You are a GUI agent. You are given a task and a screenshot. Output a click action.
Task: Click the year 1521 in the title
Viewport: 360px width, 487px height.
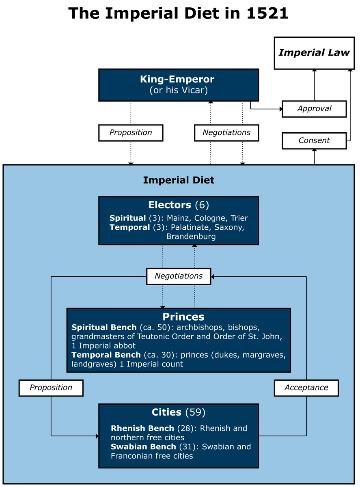[x=267, y=13]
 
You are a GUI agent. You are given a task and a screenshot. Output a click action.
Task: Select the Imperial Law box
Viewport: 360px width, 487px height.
[x=314, y=53]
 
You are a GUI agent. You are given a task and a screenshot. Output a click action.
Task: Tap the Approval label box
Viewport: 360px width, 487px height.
[x=314, y=109]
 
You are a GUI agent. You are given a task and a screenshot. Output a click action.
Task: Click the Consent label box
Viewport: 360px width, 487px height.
[x=314, y=141]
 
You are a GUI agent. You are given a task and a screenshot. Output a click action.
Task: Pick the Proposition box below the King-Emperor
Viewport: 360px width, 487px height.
[x=131, y=133]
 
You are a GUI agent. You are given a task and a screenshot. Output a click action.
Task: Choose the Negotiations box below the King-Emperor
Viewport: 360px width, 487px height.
[x=226, y=133]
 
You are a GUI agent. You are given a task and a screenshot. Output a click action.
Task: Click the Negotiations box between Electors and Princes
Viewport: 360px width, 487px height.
[x=179, y=276]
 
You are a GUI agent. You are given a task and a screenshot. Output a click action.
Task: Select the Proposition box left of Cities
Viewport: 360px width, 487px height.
[x=51, y=388]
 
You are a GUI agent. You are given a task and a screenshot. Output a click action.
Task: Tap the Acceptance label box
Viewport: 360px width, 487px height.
[x=306, y=388]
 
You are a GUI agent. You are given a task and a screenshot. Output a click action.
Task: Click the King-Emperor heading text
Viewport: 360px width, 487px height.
[x=177, y=79]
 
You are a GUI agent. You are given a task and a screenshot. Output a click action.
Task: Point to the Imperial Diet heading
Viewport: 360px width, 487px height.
[x=179, y=180]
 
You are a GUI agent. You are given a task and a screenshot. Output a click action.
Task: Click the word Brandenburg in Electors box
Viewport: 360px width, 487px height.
[x=191, y=237]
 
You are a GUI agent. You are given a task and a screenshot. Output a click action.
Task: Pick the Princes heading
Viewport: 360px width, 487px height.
[x=183, y=317]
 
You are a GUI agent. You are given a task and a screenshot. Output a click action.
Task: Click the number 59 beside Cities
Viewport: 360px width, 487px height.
[x=195, y=412]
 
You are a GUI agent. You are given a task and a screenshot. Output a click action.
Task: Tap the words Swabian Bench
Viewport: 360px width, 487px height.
[x=143, y=446]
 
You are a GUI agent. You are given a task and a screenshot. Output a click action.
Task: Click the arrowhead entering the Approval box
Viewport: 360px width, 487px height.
[x=281, y=109]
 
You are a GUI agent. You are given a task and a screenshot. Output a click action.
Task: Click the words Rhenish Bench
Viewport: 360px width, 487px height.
[x=142, y=428]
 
